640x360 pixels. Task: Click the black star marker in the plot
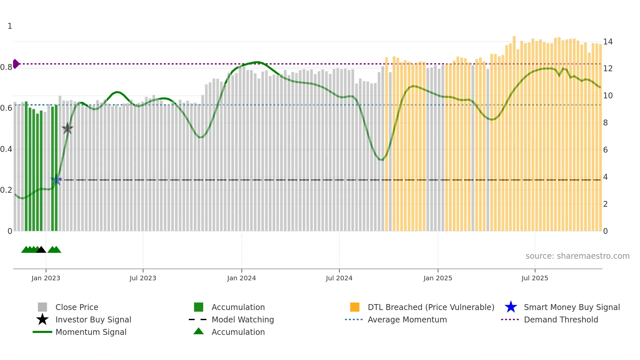pyautogui.click(x=67, y=128)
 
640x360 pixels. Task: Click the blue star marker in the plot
pyautogui.click(x=56, y=180)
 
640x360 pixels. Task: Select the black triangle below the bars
pyautogui.click(x=41, y=250)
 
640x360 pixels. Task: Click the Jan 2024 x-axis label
pyautogui.click(x=241, y=278)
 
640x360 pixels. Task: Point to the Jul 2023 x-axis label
pyautogui.click(x=143, y=278)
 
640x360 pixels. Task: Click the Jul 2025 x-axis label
pyautogui.click(x=535, y=278)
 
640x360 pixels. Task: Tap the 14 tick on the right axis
pyautogui.click(x=608, y=42)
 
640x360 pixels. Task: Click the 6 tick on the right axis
pyautogui.click(x=605, y=150)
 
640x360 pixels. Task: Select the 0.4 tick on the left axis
pyautogui.click(x=6, y=149)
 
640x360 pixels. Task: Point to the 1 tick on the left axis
pyautogui.click(x=10, y=26)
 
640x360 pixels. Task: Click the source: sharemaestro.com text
pyautogui.click(x=577, y=256)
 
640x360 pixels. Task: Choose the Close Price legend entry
pyautogui.click(x=77, y=307)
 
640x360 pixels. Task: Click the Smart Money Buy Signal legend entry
pyautogui.click(x=571, y=307)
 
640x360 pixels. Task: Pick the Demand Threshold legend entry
pyautogui.click(x=561, y=319)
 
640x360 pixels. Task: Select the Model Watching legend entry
pyautogui.click(x=242, y=319)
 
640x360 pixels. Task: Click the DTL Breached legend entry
pyautogui.click(x=431, y=307)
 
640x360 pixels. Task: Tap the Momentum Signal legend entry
pyautogui.click(x=91, y=332)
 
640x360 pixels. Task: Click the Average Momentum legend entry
pyautogui.click(x=407, y=319)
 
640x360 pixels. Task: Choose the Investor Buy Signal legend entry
pyautogui.click(x=93, y=319)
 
